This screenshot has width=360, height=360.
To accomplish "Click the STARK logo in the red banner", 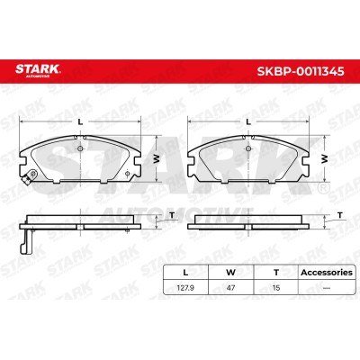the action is coord(38,70).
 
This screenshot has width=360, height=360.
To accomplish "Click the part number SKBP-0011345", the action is coord(301,71).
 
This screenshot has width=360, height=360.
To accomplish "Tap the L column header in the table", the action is coord(185,273).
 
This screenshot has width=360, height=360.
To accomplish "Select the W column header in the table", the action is coord(230,273).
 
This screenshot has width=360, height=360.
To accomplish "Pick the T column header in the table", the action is coord(276,273).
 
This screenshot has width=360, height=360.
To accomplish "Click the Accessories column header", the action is coord(327,273).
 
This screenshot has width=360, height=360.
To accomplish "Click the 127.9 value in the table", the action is coord(185,288).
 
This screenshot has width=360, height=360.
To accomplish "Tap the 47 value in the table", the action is coord(230,288).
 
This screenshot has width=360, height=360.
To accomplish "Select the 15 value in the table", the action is coord(276,288).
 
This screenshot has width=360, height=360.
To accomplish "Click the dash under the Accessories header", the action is coord(327,288).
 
